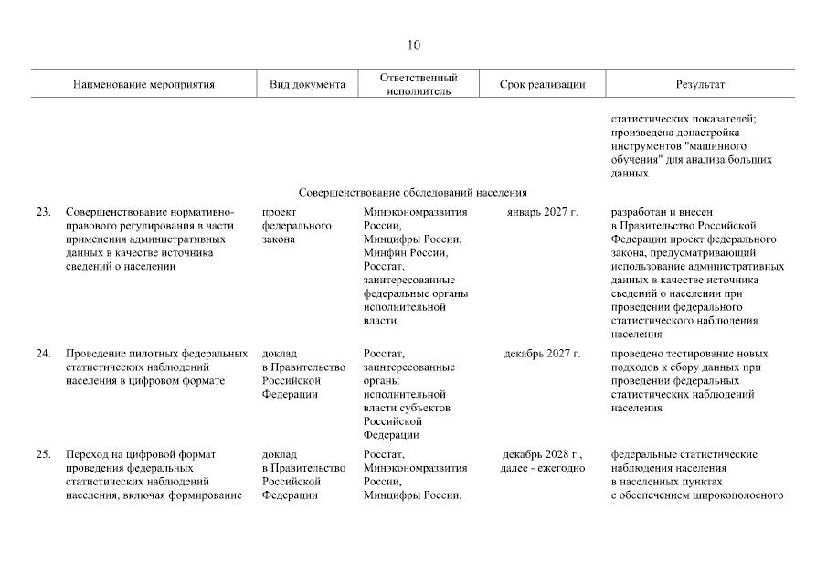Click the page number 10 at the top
tap(413, 46)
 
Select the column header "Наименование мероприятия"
tap(144, 85)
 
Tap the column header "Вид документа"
tap(307, 85)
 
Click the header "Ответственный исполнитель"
tap(418, 84)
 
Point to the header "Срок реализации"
tap(543, 85)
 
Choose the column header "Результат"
tap(700, 85)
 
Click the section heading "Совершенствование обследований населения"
tap(413, 193)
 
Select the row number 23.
tap(43, 212)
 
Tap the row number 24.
tap(43, 354)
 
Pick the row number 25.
tap(43, 454)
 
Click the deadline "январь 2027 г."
tap(543, 212)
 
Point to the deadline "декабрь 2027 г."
tap(543, 354)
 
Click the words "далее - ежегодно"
tap(543, 468)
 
